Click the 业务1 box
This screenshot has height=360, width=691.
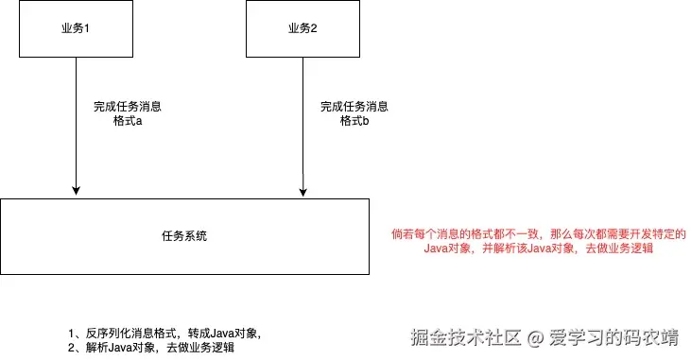click(x=75, y=28)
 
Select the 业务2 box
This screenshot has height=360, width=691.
click(x=302, y=28)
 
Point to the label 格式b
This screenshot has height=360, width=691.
click(x=354, y=122)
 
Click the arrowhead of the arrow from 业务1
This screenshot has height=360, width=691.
click(x=75, y=193)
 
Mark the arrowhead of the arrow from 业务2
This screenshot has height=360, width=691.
click(x=302, y=193)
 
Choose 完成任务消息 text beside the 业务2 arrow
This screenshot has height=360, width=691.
click(x=354, y=107)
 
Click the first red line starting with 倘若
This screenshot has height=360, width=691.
click(x=537, y=233)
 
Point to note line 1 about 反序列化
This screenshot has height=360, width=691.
click(x=164, y=334)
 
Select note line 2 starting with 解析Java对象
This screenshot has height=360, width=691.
click(x=151, y=348)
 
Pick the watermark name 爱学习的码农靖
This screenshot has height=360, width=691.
click(x=613, y=336)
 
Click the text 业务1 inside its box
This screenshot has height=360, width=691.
click(x=75, y=27)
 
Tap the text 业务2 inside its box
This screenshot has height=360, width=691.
click(x=302, y=27)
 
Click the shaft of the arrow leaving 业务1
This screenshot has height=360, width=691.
click(x=75, y=142)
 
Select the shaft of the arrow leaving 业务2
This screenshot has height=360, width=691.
click(x=302, y=151)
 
